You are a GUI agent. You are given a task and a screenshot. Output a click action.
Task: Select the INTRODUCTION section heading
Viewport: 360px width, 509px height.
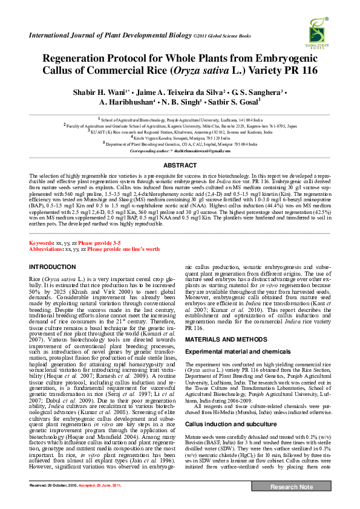click(x=53, y=267)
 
